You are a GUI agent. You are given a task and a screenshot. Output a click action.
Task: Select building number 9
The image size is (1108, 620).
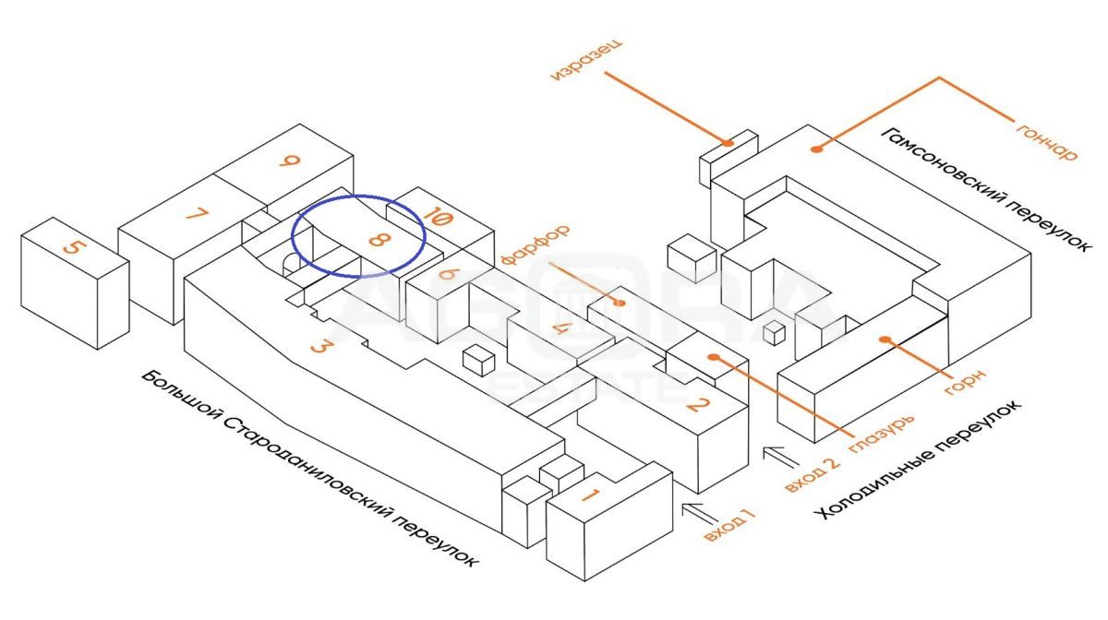(291, 162)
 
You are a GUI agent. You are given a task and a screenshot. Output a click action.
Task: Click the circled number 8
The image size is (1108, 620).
(377, 242)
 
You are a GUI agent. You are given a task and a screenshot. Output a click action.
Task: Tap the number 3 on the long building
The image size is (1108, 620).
(320, 347)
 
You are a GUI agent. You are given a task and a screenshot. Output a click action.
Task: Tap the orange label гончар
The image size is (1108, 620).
(1046, 138)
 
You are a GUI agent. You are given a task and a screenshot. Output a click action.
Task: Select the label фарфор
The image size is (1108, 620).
(535, 244)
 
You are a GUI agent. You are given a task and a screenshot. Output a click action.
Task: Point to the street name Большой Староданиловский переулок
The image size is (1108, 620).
(312, 470)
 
